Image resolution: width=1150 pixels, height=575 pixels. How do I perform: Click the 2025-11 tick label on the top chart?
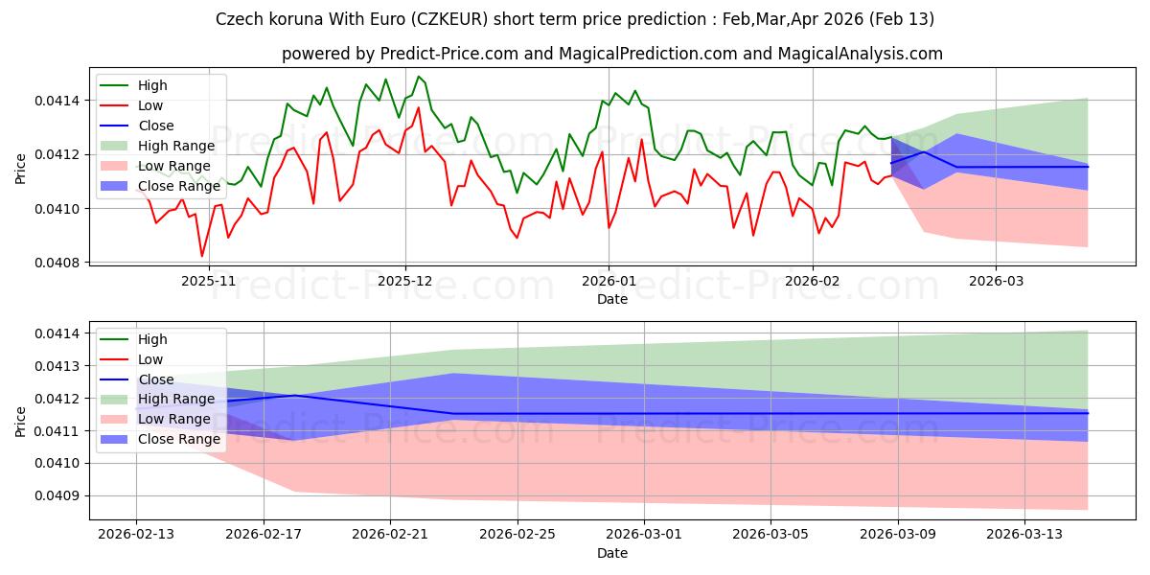pyautogui.click(x=208, y=281)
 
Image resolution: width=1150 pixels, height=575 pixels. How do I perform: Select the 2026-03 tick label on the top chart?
pyautogui.click(x=995, y=281)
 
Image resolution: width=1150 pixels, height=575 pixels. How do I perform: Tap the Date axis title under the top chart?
pyautogui.click(x=612, y=299)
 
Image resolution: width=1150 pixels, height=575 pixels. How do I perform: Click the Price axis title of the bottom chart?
pyautogui.click(x=21, y=422)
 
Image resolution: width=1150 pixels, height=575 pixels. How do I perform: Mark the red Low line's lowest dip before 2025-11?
pyautogui.click(x=202, y=256)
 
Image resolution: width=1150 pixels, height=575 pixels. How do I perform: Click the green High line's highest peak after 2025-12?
pyautogui.click(x=418, y=77)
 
